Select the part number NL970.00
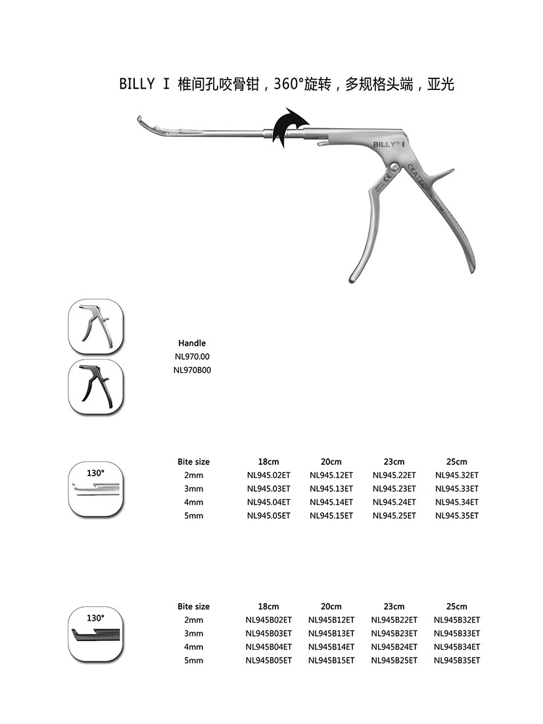(x=191, y=356)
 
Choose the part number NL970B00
(x=191, y=370)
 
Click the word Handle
(x=192, y=343)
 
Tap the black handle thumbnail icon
(x=96, y=387)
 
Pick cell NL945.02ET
(x=269, y=475)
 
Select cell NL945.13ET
(x=331, y=489)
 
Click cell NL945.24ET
(x=394, y=502)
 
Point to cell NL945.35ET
(x=457, y=516)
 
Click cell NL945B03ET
(x=269, y=634)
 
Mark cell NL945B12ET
(x=331, y=620)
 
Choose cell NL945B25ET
(x=394, y=660)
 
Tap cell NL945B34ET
(x=457, y=647)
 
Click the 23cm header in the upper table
(x=394, y=462)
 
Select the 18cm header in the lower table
(x=269, y=606)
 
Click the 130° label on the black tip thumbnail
(x=96, y=618)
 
